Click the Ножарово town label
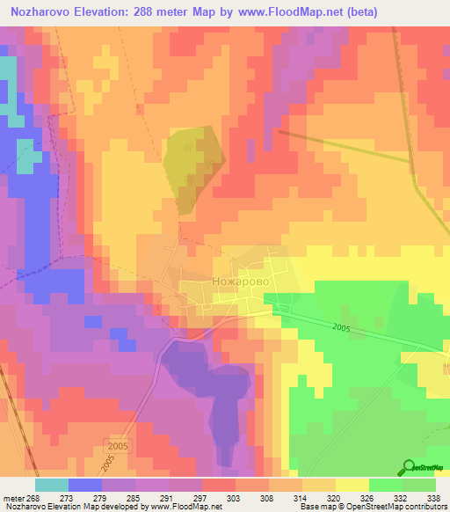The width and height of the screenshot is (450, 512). [x=238, y=281]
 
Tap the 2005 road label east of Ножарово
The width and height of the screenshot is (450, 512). [x=342, y=327]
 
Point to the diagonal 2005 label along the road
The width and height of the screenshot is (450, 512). [x=108, y=461]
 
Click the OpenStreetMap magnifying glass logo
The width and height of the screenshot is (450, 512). [x=410, y=468]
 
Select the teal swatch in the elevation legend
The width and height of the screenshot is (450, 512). [x=52, y=485]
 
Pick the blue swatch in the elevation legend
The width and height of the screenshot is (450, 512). [x=85, y=485]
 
